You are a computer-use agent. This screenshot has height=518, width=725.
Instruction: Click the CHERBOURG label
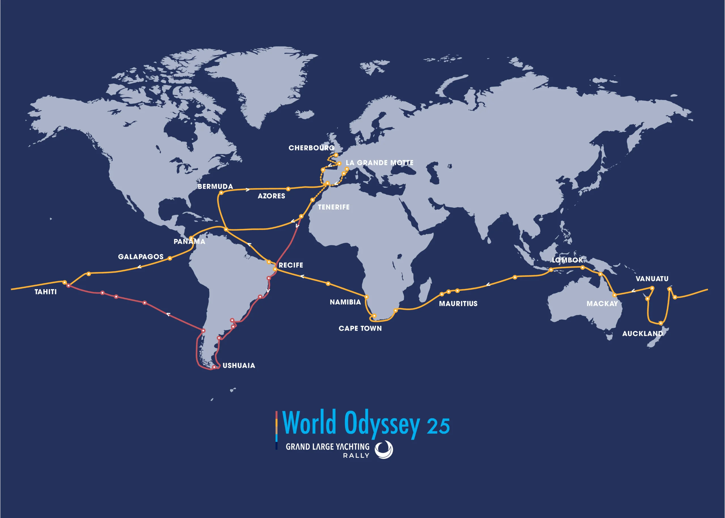pyautogui.click(x=311, y=148)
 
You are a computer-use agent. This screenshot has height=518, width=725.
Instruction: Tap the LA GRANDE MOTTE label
pyautogui.click(x=379, y=163)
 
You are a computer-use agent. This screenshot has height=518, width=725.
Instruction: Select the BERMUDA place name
pyautogui.click(x=215, y=187)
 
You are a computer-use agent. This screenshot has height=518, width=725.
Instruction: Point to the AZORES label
pyautogui.click(x=271, y=196)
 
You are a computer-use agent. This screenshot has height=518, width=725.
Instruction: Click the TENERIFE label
pyautogui.click(x=334, y=207)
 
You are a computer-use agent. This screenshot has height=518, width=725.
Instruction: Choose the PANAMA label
pyautogui.click(x=189, y=242)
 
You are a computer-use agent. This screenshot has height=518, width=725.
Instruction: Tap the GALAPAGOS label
pyautogui.click(x=141, y=257)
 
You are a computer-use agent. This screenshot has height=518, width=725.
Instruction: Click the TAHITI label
pyautogui.click(x=46, y=292)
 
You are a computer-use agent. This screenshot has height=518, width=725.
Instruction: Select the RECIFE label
pyautogui.click(x=291, y=265)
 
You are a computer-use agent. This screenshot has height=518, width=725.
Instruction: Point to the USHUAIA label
pyautogui.click(x=239, y=366)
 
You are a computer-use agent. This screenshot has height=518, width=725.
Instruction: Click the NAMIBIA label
pyautogui.click(x=345, y=302)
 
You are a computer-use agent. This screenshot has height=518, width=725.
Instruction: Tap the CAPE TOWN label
pyautogui.click(x=360, y=329)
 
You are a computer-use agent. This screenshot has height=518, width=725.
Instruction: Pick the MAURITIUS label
pyautogui.click(x=458, y=304)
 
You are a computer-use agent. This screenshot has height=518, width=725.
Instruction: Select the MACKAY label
pyautogui.click(x=602, y=304)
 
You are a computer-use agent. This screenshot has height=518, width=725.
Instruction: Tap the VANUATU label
pyautogui.click(x=652, y=279)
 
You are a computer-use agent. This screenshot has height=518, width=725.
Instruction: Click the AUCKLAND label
pyautogui.click(x=642, y=334)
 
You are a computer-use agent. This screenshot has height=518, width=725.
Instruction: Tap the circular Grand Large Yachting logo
pyautogui.click(x=384, y=450)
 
